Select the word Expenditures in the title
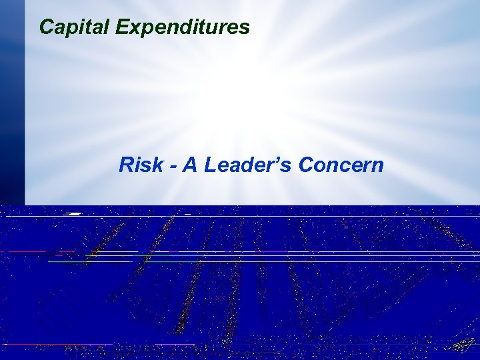click(x=183, y=27)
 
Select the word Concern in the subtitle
click(x=341, y=165)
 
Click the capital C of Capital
click(x=47, y=27)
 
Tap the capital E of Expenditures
click(x=122, y=27)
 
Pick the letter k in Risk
click(x=160, y=165)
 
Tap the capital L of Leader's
click(x=211, y=165)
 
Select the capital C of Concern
click(x=306, y=165)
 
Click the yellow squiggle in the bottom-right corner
click(x=463, y=346)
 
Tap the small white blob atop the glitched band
click(x=73, y=213)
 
